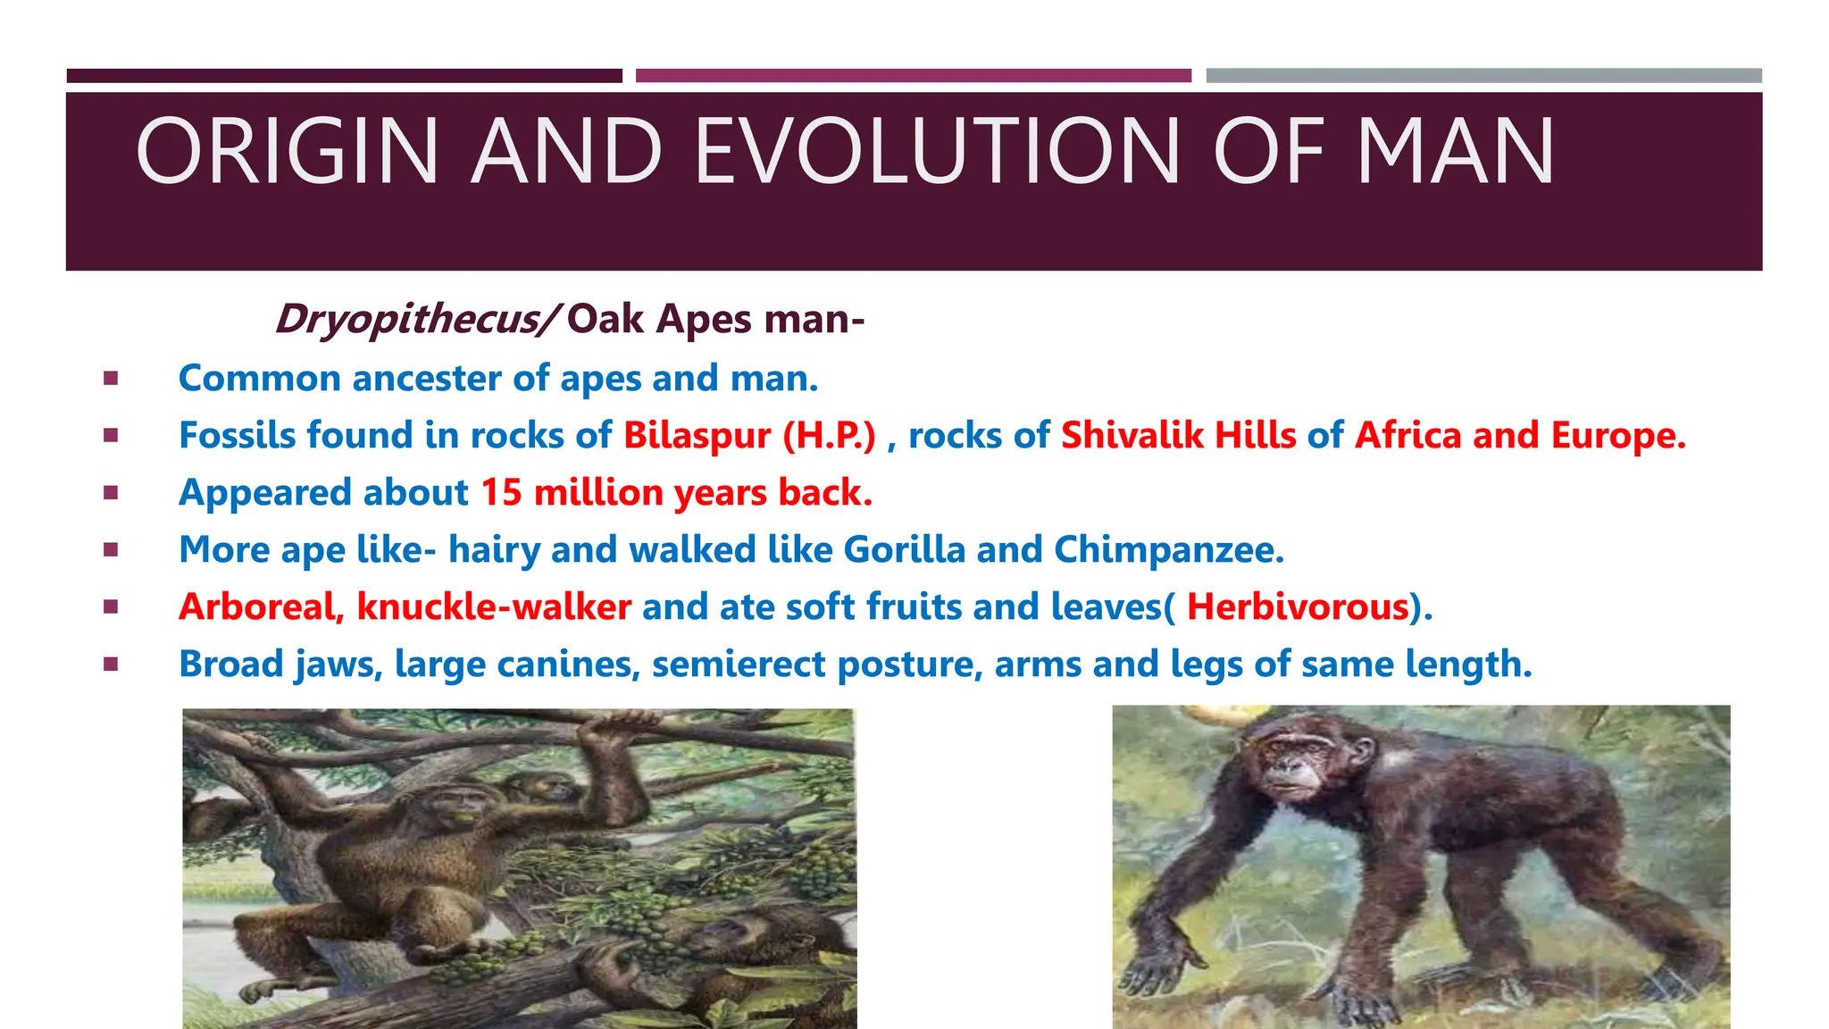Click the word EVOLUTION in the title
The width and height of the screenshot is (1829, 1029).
[938, 152]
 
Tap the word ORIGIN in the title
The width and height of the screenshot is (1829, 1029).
[287, 152]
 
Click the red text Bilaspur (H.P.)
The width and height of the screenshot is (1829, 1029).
[749, 436]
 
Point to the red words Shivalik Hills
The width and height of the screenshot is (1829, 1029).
[1178, 436]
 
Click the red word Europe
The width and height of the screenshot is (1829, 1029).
[1617, 436]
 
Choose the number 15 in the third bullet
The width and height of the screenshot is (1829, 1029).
[501, 493]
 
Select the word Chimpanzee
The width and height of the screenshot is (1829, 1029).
[1168, 550]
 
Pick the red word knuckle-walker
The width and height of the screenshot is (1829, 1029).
[494, 607]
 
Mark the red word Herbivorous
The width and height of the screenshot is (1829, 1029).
[1297, 607]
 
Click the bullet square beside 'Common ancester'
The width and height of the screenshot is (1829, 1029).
[111, 379]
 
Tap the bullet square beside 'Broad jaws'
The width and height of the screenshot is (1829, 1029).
[111, 665]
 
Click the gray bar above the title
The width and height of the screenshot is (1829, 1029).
[1483, 76]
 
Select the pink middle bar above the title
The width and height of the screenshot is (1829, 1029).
[913, 76]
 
